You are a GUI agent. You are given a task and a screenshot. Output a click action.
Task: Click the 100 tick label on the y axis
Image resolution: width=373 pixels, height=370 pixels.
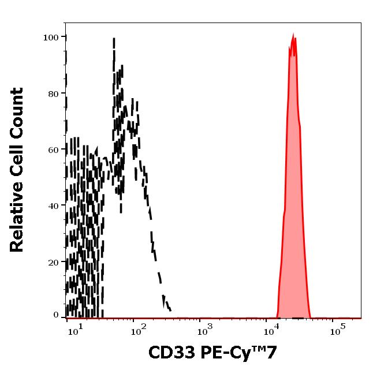tap(51, 38)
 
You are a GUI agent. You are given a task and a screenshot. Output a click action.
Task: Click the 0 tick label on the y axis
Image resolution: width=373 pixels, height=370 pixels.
tap(57, 315)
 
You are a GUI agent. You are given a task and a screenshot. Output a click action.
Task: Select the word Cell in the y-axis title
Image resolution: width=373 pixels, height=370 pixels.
tap(18, 158)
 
